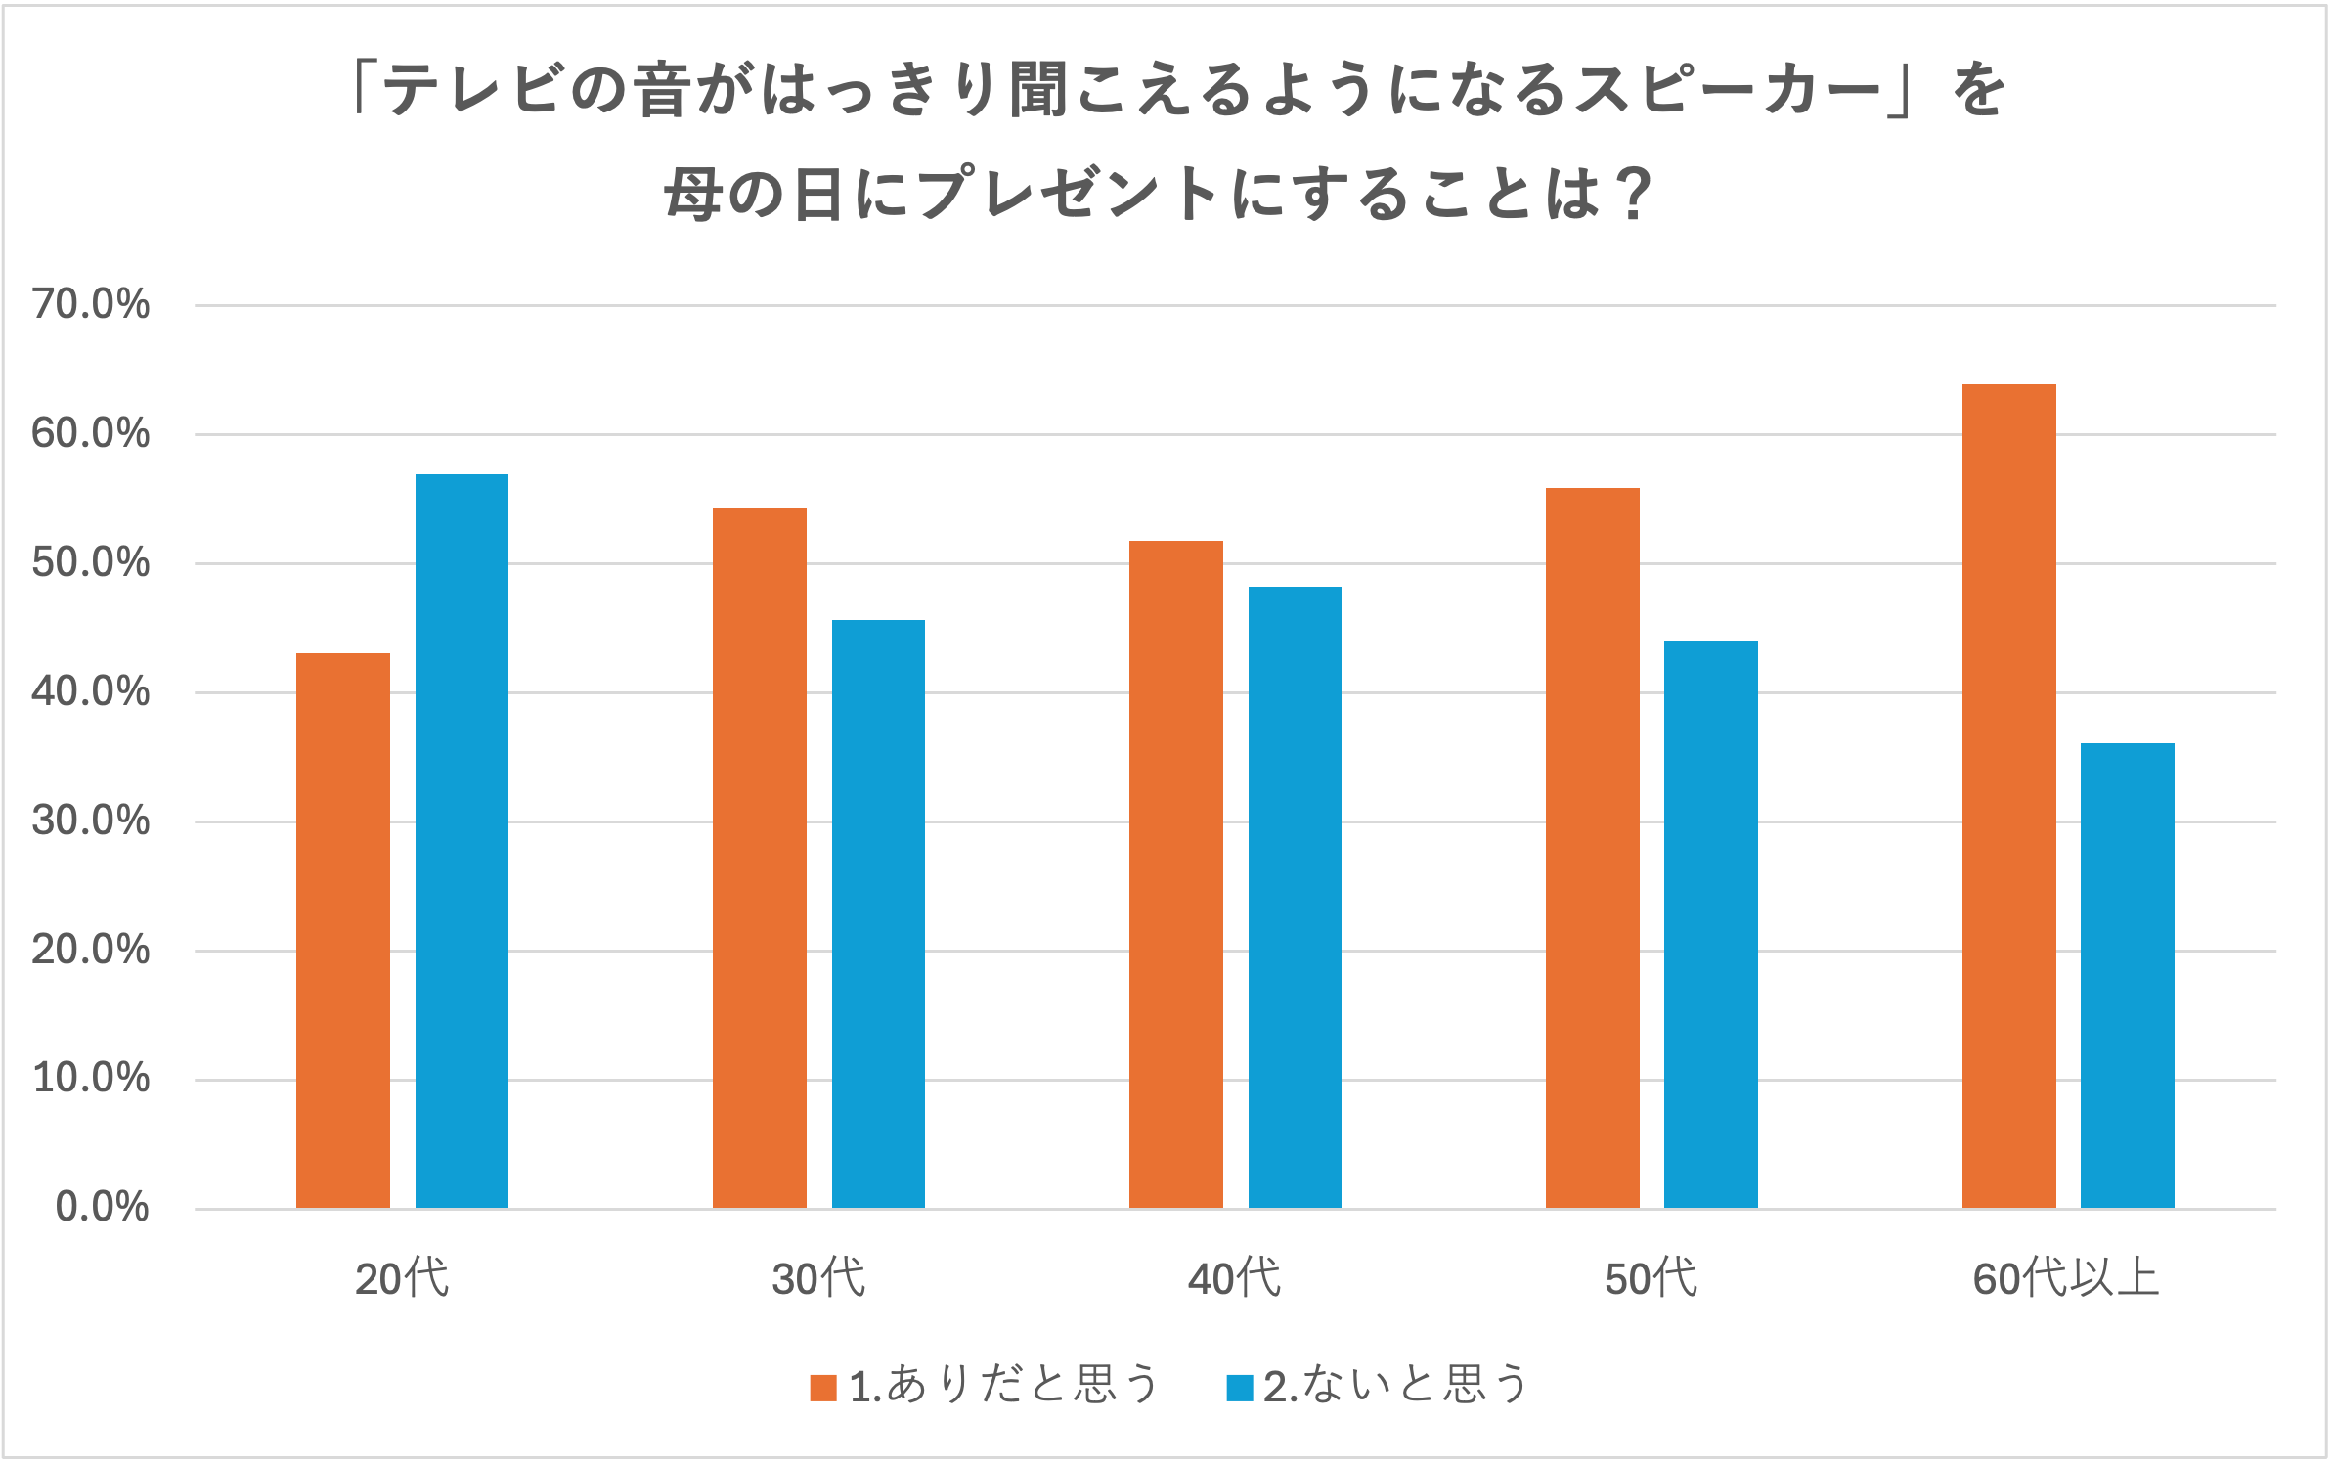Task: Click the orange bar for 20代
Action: (x=342, y=930)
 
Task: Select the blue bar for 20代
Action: (x=462, y=841)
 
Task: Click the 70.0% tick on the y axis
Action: (x=91, y=304)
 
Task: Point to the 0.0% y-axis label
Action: (x=102, y=1207)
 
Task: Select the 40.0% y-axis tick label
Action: (x=91, y=691)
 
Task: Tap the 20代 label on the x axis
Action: (x=402, y=1278)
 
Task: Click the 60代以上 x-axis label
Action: (x=2066, y=1278)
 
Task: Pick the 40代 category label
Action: (x=1234, y=1278)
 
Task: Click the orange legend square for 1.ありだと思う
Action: (x=823, y=1388)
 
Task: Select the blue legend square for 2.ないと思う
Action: (x=1240, y=1388)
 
